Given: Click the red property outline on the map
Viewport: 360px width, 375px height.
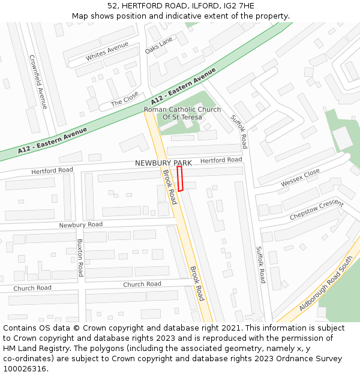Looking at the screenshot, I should (x=180, y=178).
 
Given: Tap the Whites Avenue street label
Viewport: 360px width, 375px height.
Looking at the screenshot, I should (x=107, y=52).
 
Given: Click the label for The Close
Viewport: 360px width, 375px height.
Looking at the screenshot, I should (x=125, y=98).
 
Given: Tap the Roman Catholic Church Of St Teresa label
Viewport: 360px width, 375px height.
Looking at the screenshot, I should (x=182, y=113).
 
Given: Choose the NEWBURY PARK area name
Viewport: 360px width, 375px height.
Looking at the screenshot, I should (x=163, y=163).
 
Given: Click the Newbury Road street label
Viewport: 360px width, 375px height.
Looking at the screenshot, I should (x=80, y=224).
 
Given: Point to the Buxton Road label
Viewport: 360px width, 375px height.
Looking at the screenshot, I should (x=79, y=258).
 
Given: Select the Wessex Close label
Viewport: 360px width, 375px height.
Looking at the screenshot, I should (x=300, y=177).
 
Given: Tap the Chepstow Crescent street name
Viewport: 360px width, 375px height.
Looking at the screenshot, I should (x=316, y=209).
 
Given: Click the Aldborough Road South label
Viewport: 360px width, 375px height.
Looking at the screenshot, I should (x=326, y=288).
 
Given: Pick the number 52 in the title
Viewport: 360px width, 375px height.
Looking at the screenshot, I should (x=112, y=6).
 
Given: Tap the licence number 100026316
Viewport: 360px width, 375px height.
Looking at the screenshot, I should (x=25, y=368).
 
